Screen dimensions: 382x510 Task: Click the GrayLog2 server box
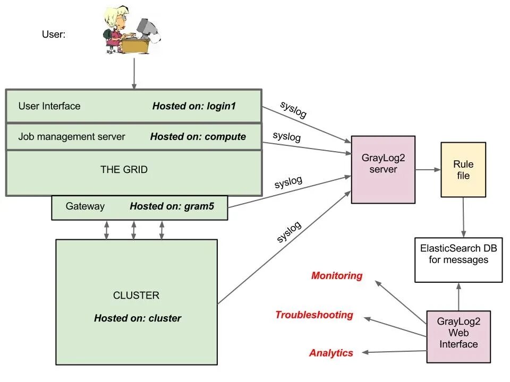click(x=382, y=169)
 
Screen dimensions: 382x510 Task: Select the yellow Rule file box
click(x=463, y=170)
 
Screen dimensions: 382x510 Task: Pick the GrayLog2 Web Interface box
click(x=458, y=336)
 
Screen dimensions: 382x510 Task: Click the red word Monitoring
click(x=337, y=276)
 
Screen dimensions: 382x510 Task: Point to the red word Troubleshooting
click(x=314, y=315)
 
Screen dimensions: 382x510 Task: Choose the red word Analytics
click(x=331, y=353)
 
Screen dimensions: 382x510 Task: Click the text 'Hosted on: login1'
click(x=193, y=106)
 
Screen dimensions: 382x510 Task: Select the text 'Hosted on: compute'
click(x=198, y=136)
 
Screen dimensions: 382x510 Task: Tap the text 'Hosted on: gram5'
click(x=172, y=206)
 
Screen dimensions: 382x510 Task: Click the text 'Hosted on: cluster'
click(x=138, y=318)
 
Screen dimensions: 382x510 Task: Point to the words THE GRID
click(x=124, y=170)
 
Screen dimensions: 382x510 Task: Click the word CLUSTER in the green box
click(x=136, y=296)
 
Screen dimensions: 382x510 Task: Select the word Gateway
click(x=85, y=206)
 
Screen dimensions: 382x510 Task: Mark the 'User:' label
click(x=54, y=34)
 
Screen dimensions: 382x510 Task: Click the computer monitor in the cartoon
click(x=144, y=27)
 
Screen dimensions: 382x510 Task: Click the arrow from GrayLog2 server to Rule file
click(x=428, y=170)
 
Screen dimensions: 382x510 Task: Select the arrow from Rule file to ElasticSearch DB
click(x=464, y=218)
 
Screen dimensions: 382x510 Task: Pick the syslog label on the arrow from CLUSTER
click(x=289, y=232)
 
